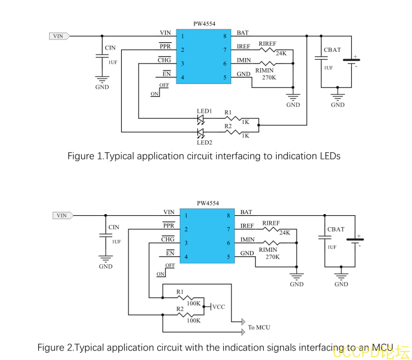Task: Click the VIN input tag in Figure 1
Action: (59, 36)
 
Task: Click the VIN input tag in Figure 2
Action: (62, 215)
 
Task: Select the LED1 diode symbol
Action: (201, 119)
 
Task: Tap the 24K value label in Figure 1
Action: (281, 54)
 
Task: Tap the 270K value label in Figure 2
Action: (273, 257)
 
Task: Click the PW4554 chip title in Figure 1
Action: (204, 24)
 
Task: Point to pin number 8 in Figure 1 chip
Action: (224, 36)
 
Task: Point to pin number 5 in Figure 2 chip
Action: (228, 257)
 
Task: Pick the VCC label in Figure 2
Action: (218, 307)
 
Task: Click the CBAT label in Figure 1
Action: (332, 50)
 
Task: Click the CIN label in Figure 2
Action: (113, 227)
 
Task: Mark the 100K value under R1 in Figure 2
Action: (194, 304)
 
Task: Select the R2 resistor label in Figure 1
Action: (228, 127)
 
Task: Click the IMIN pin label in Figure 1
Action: (243, 60)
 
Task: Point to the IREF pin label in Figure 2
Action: (247, 226)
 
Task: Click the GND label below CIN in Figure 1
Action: (102, 87)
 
